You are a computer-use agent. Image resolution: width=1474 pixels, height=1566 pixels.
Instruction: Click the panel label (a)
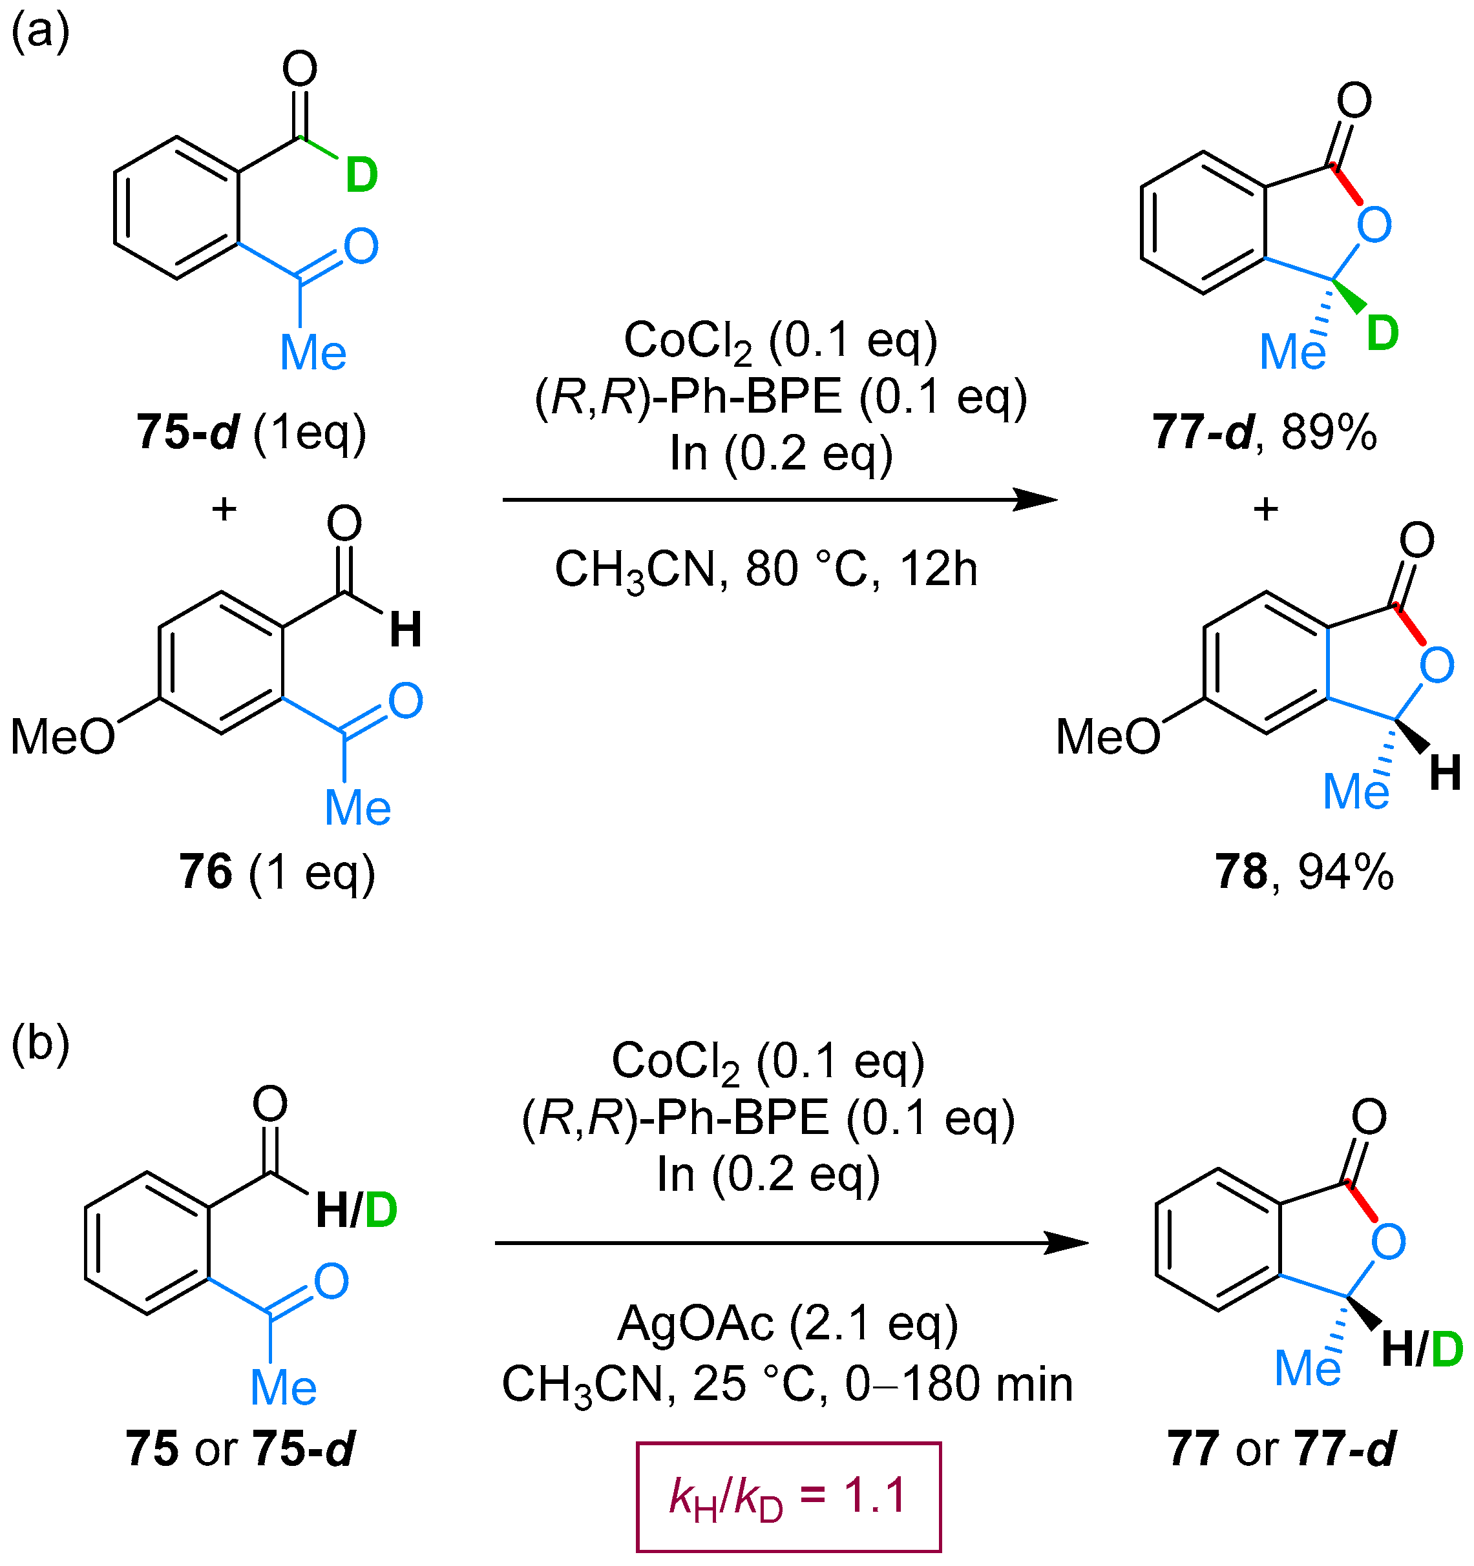[40, 33]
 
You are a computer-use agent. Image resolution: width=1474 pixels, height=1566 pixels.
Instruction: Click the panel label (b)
[40, 1044]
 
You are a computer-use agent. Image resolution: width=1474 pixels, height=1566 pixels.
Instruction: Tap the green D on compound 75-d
[362, 175]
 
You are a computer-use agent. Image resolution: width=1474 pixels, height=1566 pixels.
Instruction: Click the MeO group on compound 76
[63, 738]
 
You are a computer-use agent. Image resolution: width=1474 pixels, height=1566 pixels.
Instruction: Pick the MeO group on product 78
[1108, 738]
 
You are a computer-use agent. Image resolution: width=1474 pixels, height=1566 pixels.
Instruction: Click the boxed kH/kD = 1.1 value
[788, 1497]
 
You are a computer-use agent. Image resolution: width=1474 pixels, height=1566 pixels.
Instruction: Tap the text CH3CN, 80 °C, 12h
[766, 570]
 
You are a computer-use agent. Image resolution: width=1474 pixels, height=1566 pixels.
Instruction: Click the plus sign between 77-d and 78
[1266, 510]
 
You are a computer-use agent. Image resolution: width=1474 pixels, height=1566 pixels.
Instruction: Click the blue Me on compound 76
[358, 809]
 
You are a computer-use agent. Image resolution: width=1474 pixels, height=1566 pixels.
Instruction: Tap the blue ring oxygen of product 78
[1437, 666]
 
